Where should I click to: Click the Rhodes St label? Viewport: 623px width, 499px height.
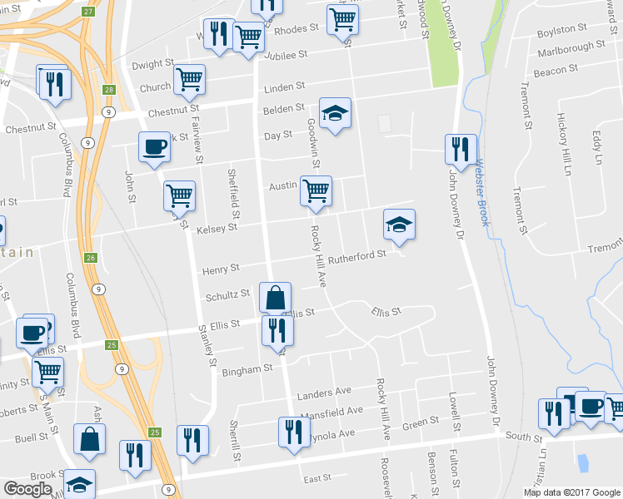[x=297, y=28]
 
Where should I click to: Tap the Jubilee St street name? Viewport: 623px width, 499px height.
[x=287, y=53]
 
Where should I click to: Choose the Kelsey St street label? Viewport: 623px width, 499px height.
[x=217, y=228]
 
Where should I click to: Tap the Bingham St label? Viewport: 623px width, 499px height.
[x=247, y=368]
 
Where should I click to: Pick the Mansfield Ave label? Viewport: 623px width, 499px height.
[x=331, y=411]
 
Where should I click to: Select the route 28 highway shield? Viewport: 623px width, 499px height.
[x=109, y=90]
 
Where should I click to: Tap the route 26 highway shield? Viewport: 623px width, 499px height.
[x=92, y=258]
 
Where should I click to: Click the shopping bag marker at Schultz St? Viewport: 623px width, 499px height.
[x=275, y=297]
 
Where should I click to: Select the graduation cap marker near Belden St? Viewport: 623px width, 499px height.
[x=335, y=113]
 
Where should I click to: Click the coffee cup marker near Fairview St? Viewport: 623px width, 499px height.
[x=155, y=147]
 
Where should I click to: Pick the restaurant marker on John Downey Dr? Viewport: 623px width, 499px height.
[x=460, y=149]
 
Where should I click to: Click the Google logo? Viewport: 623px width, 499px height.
[x=28, y=489]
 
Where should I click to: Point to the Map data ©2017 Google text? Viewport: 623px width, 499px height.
[x=571, y=492]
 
